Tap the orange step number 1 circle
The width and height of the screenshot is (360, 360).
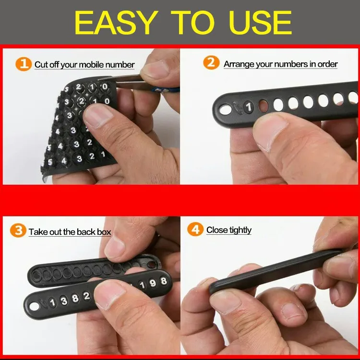(x=24, y=64)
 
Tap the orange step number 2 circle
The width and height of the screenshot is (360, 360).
(x=211, y=63)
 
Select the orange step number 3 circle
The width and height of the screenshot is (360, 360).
(x=18, y=230)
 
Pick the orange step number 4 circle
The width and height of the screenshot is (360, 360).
(x=195, y=229)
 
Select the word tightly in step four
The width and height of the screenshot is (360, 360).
(x=240, y=230)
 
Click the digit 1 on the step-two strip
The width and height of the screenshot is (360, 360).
(x=249, y=107)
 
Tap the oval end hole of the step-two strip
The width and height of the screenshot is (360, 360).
(x=226, y=109)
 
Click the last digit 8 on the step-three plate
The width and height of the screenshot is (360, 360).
(x=164, y=281)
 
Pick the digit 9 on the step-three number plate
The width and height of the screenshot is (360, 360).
(x=153, y=283)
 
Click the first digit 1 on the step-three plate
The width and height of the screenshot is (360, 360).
(x=53, y=302)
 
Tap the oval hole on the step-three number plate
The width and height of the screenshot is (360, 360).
(x=34, y=306)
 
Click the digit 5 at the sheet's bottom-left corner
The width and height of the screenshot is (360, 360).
(x=50, y=162)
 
